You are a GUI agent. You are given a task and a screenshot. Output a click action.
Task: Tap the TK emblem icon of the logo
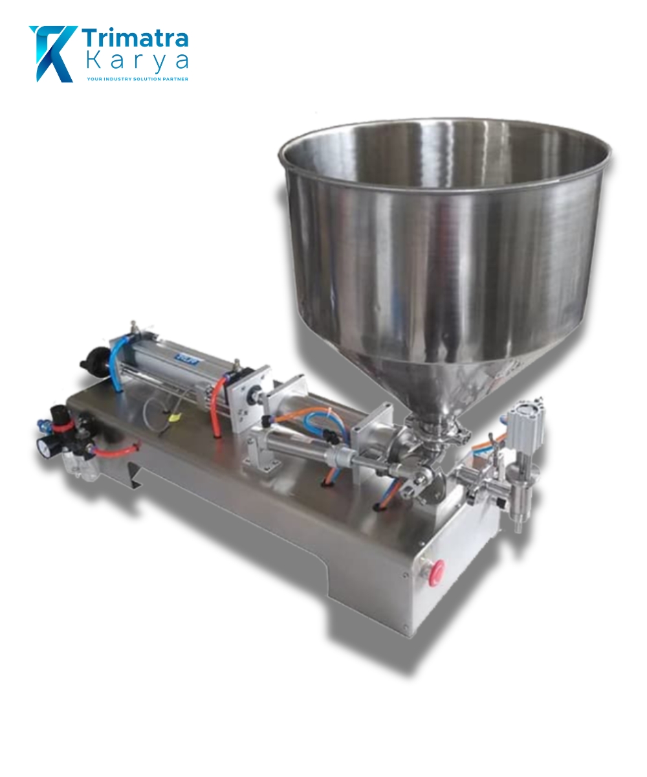[x=53, y=53]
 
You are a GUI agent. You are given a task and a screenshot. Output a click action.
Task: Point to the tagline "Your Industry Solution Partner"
[x=137, y=79]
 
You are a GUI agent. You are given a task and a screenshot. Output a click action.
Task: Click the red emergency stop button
[x=439, y=571]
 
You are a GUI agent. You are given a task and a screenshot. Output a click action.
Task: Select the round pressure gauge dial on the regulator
[x=45, y=446]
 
